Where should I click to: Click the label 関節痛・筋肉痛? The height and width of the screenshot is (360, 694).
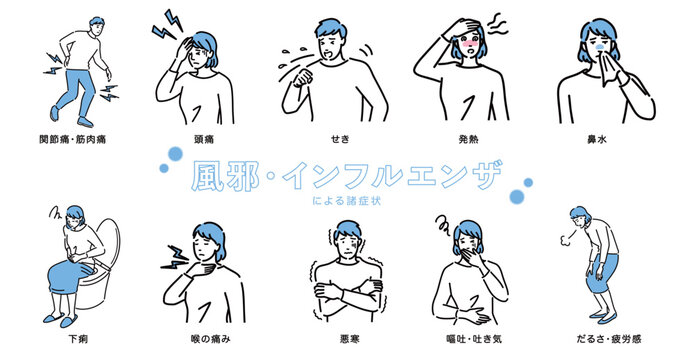pos(73,139)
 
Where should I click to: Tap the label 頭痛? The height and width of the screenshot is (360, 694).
pos(204,139)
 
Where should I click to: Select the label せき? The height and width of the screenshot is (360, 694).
pos(340,139)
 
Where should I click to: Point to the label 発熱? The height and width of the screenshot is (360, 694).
pos(469,139)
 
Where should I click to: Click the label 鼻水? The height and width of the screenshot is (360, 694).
pos(597,139)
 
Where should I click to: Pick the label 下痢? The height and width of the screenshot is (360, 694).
pos(78,339)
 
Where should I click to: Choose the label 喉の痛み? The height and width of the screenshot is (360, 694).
pos(211,339)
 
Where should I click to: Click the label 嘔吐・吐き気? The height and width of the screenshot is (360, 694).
pos(474,339)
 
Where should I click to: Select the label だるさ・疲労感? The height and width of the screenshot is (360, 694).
pos(609,339)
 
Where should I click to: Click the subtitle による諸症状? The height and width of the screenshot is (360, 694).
pos(347,201)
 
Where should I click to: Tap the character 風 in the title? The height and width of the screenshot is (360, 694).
pos(207,176)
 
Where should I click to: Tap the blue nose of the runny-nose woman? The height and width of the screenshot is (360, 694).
pos(600,46)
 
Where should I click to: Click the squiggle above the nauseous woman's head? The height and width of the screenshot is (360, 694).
pos(443,225)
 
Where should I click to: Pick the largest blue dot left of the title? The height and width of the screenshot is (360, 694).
pos(175,154)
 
